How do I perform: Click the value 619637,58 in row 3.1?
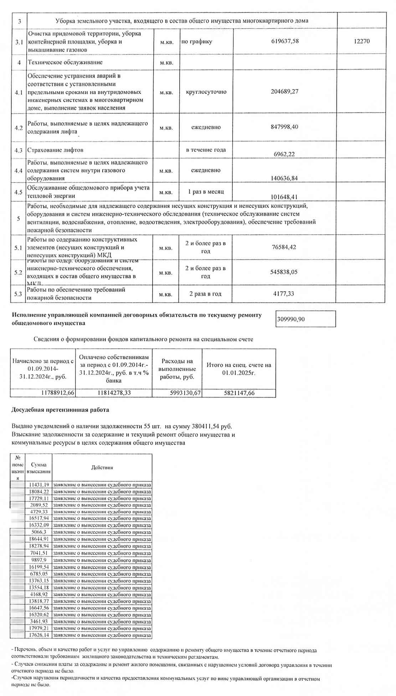click(x=285, y=41)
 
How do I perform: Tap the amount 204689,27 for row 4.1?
click(x=285, y=91)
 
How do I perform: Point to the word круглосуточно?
click(x=206, y=92)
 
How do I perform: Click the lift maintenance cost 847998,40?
click(x=285, y=127)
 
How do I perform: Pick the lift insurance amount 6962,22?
click(x=284, y=154)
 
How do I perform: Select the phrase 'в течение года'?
click(x=206, y=150)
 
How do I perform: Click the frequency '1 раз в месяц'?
click(x=206, y=191)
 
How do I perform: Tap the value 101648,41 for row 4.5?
click(x=284, y=197)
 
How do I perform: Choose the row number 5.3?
click(x=19, y=294)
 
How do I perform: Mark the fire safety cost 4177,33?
click(x=285, y=293)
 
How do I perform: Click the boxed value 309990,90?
click(x=291, y=319)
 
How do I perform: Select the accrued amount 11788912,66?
click(x=57, y=393)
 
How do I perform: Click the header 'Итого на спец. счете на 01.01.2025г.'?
click(x=239, y=368)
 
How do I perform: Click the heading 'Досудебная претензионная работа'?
click(x=61, y=410)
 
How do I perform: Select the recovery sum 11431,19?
click(x=39, y=485)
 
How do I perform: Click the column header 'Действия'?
click(x=102, y=467)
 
